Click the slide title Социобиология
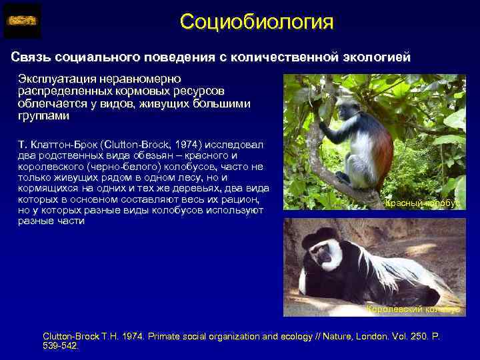pos(256,21)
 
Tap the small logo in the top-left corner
pos(22,21)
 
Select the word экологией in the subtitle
pos(375,57)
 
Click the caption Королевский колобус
pos(413,309)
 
